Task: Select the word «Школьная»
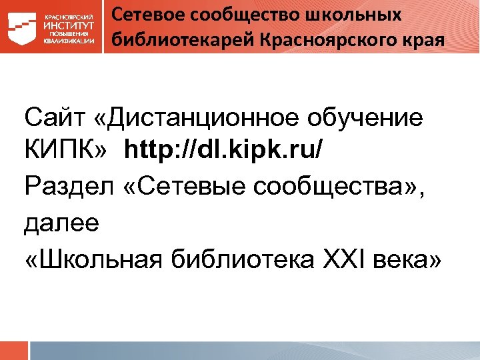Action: tap(103, 258)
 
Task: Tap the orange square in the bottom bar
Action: tap(14, 351)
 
